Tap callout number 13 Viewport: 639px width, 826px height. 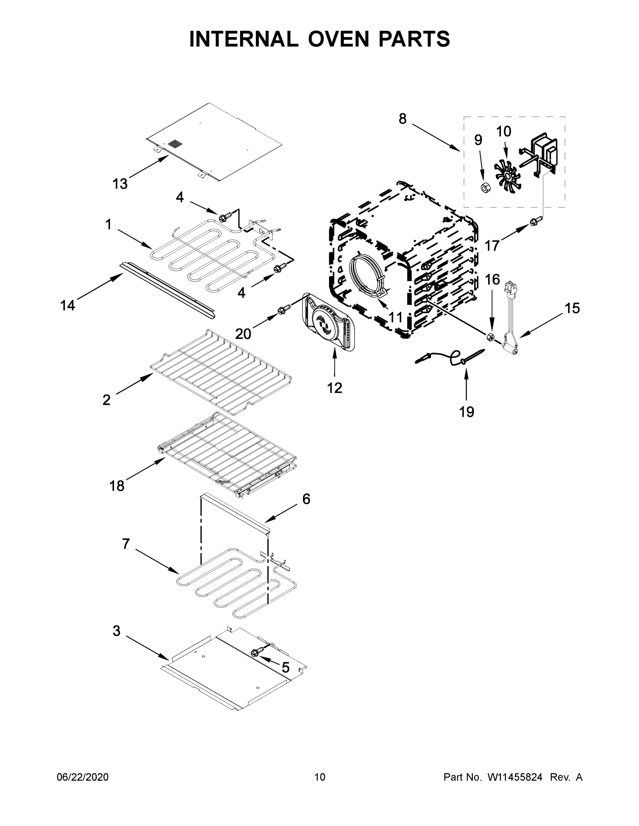120,184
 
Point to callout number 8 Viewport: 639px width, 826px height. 402,119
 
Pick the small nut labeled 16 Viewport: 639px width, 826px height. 490,336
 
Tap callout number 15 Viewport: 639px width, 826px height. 572,308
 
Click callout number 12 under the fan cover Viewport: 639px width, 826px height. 334,388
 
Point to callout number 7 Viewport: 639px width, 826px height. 126,543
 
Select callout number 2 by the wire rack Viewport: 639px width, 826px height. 107,400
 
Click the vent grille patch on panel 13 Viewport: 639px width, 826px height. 175,144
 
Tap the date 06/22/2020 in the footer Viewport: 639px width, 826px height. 83,777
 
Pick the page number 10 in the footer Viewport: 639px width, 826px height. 320,777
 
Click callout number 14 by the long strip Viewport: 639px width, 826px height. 68,305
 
